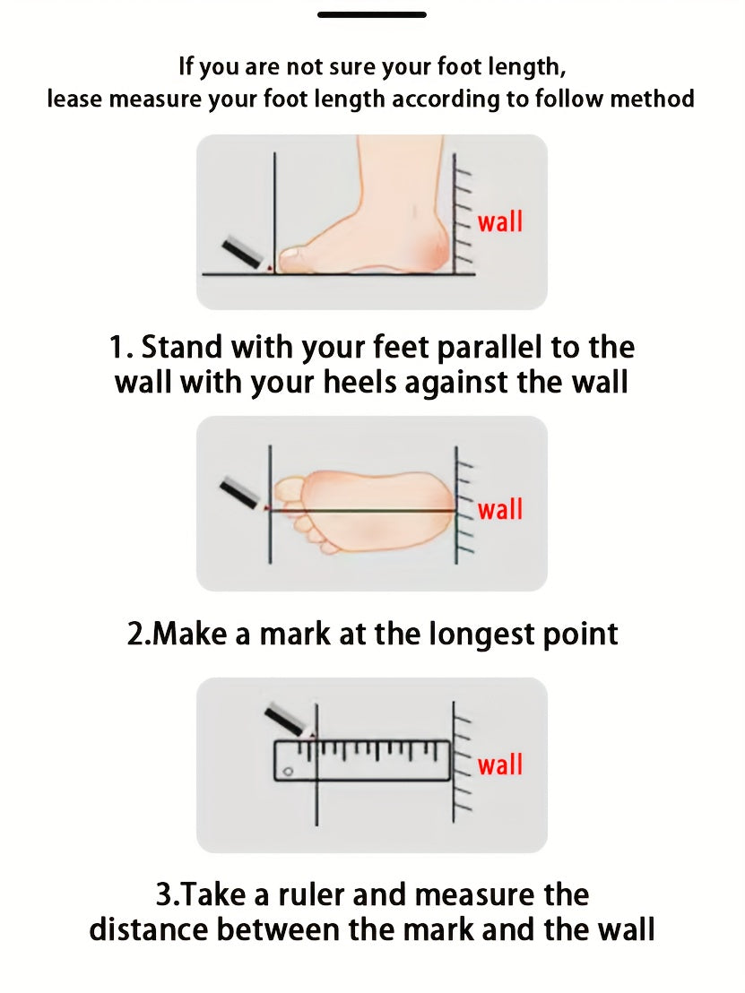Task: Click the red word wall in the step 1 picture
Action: (x=500, y=222)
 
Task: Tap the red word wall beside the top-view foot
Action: (x=500, y=509)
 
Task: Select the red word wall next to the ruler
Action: (x=500, y=764)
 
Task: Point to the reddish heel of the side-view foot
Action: (x=435, y=249)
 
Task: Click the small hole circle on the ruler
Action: (x=289, y=772)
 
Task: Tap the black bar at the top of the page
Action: (x=372, y=14)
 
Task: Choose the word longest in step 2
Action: (x=475, y=635)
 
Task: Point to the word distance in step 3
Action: (x=149, y=929)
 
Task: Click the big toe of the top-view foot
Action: (x=289, y=488)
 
